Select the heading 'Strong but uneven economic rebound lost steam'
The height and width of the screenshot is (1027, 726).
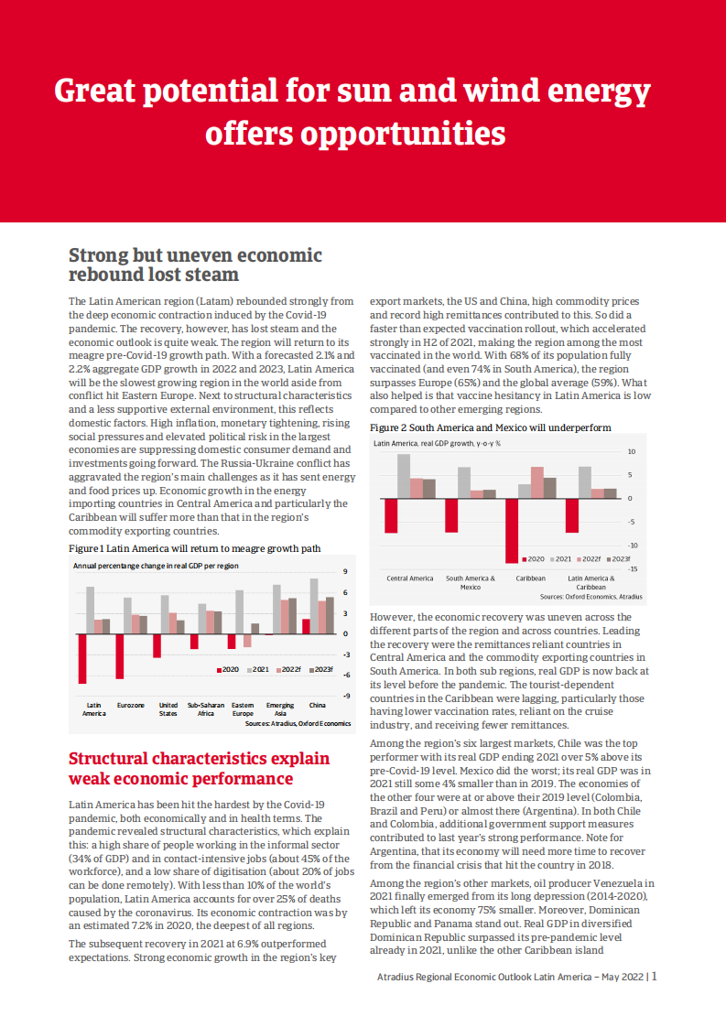(x=195, y=265)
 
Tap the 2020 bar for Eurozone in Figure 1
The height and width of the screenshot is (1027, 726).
(x=120, y=655)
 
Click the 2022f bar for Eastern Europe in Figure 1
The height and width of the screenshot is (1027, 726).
(x=247, y=640)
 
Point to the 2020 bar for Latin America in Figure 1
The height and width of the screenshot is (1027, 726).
(x=82, y=658)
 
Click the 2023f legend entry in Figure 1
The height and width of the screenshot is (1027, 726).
(x=320, y=670)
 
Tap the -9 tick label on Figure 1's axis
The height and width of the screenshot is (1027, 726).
(x=345, y=696)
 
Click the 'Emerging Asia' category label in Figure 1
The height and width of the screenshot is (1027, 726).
(x=280, y=709)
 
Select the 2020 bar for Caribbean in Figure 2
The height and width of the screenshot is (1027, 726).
(x=512, y=530)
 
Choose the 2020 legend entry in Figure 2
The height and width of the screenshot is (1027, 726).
(x=532, y=558)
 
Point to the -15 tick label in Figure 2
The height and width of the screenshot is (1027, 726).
(x=631, y=568)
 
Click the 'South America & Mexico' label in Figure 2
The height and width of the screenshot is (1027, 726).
(x=471, y=582)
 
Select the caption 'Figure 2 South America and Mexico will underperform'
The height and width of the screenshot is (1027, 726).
(x=490, y=427)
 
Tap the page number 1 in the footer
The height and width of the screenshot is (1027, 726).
(x=655, y=977)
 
